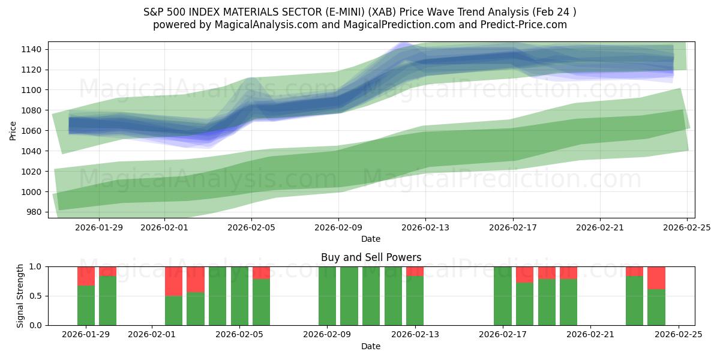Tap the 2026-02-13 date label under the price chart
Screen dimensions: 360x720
pos(425,228)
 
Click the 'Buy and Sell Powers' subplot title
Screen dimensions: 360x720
pos(371,257)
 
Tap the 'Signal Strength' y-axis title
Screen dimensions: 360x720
pos(20,296)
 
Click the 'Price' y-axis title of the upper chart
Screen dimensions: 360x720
pos(13,131)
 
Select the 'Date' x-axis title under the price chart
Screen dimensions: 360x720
pos(371,239)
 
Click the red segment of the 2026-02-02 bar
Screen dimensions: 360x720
pos(174,281)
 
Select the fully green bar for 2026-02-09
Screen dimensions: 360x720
pos(327,296)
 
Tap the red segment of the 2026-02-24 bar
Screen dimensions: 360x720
pos(656,278)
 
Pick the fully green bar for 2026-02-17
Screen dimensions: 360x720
pos(503,296)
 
